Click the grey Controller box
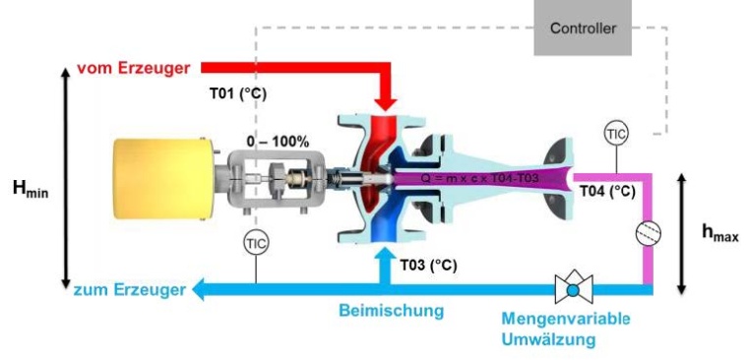(583, 28)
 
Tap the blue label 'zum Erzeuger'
(128, 290)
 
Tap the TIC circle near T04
(616, 133)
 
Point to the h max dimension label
(719, 233)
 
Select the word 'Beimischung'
(392, 311)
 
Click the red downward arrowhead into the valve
(385, 101)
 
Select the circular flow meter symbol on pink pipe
(650, 232)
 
